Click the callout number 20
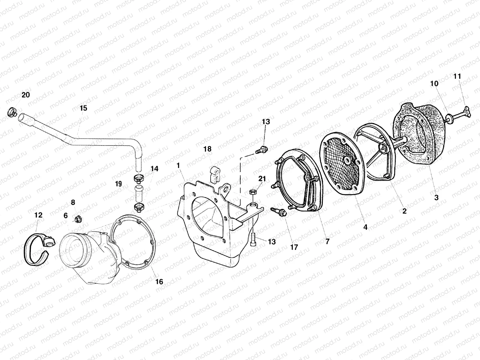(25, 95)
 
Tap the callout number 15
(83, 108)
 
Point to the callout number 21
(262, 179)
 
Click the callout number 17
(294, 247)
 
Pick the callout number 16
(159, 281)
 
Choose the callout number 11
(457, 76)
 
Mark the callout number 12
(38, 215)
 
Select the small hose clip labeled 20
(11, 113)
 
